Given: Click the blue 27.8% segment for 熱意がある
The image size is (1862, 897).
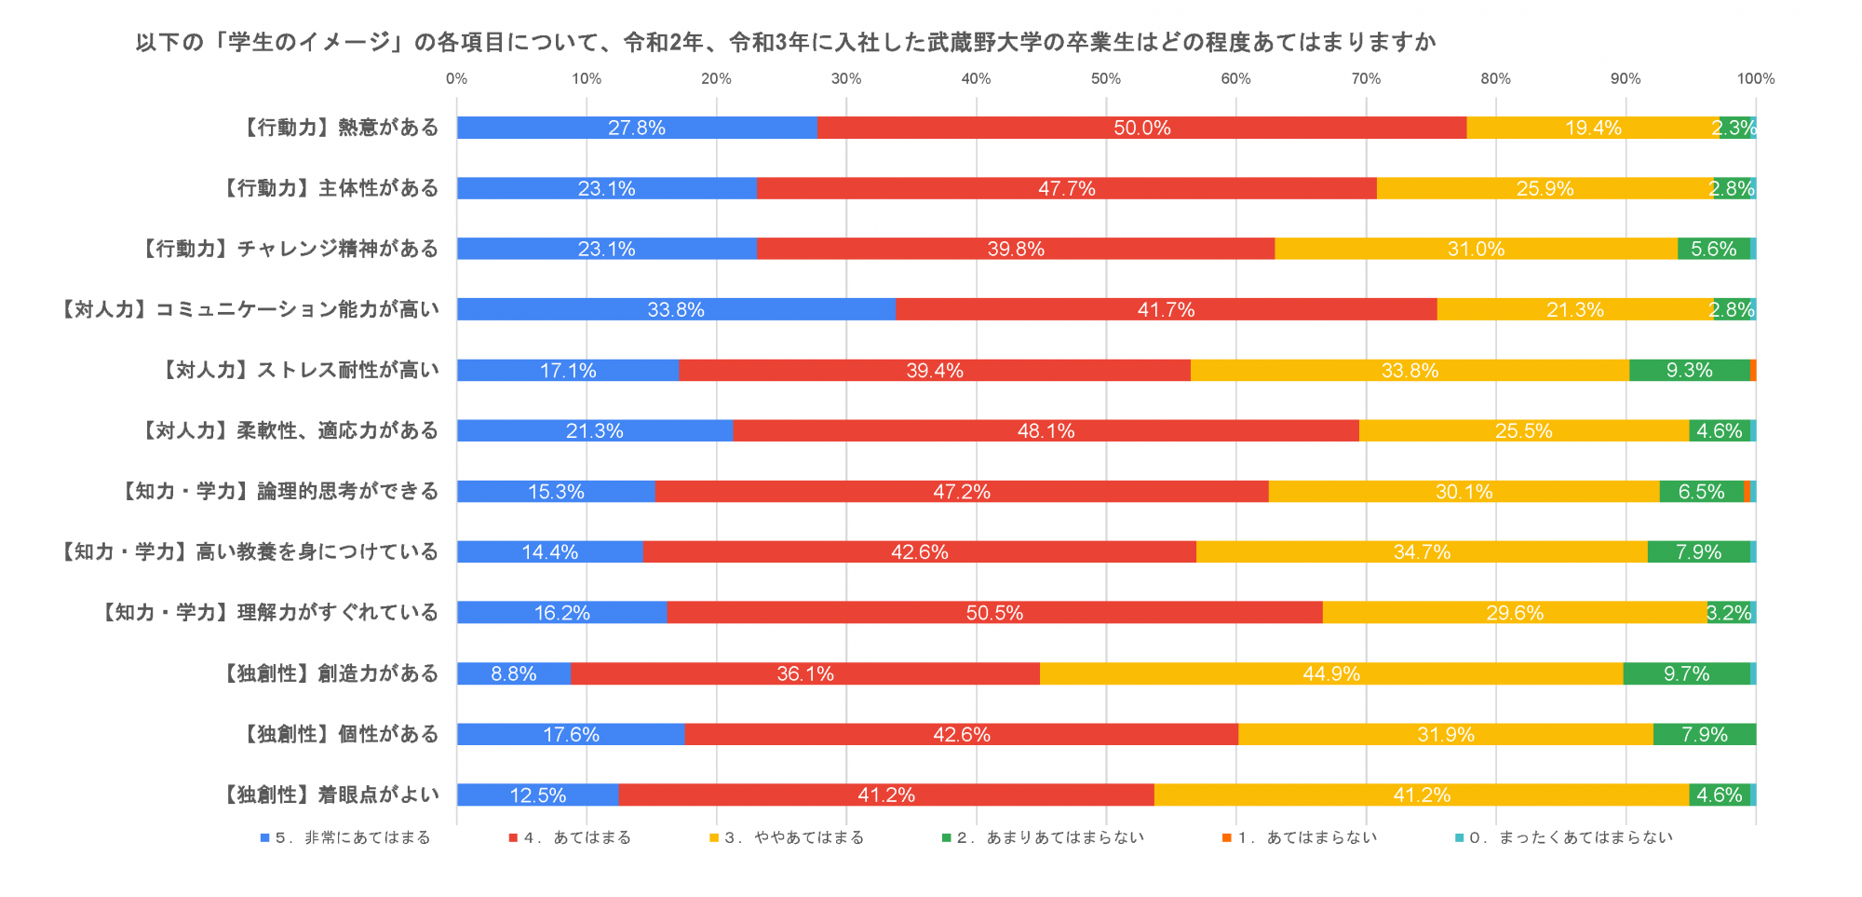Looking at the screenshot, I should click(x=637, y=128).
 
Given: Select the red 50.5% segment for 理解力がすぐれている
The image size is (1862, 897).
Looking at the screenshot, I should click(x=994, y=613).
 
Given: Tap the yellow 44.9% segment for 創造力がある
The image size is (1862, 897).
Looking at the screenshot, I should click(x=1331, y=673).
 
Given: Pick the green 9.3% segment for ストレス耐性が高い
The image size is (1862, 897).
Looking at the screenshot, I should click(x=1689, y=370).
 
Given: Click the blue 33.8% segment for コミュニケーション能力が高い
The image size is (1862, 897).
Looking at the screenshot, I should click(x=676, y=309).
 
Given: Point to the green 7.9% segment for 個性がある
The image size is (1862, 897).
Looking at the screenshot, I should click(x=1705, y=734).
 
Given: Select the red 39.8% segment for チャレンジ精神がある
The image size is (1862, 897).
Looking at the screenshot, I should click(x=1016, y=249).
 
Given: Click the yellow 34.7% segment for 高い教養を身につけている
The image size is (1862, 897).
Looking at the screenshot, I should click(x=1422, y=552).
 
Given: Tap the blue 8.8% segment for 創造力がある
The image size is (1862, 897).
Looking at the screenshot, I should click(x=514, y=673).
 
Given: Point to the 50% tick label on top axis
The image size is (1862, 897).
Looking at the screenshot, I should click(x=1106, y=79).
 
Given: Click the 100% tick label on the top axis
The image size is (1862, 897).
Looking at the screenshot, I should click(x=1755, y=79).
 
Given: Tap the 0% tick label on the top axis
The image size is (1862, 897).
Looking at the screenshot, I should click(x=456, y=79).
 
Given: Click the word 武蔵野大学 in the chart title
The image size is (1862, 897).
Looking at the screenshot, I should click(x=978, y=42).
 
